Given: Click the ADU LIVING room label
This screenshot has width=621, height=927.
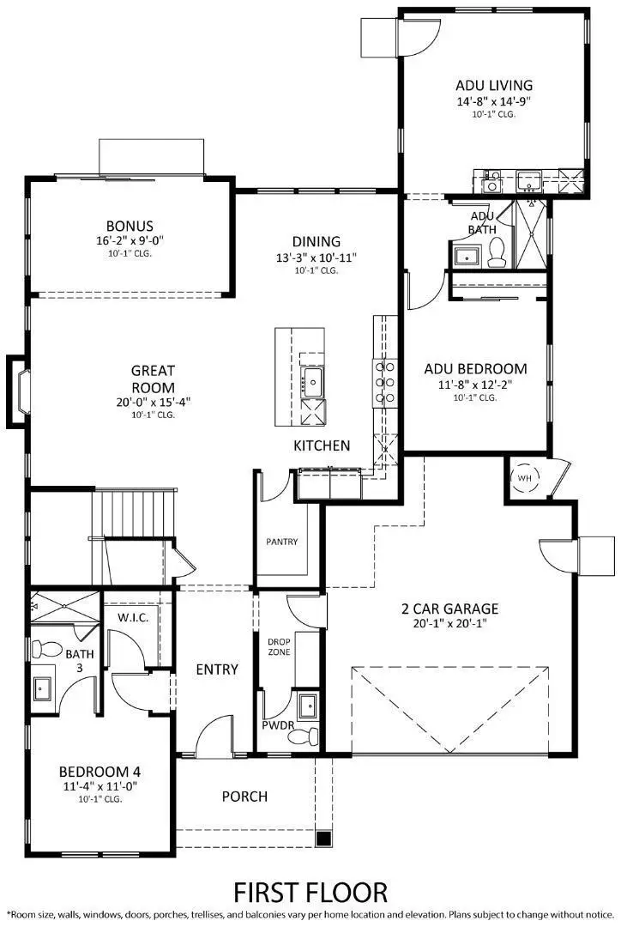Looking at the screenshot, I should pyautogui.click(x=493, y=85).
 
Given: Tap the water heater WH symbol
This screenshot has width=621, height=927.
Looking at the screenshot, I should pyautogui.click(x=522, y=479).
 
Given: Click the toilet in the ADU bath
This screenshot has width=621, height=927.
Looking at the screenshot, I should pyautogui.click(x=495, y=251).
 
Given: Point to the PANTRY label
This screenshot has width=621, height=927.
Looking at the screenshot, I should pyautogui.click(x=281, y=542).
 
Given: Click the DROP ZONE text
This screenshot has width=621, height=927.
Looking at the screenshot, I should pyautogui.click(x=279, y=646).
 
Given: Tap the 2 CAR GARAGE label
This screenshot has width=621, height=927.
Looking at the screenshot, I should pyautogui.click(x=449, y=609).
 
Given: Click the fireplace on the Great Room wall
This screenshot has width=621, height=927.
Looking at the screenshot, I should pyautogui.click(x=20, y=391).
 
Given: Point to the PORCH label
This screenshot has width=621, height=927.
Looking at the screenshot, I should pyautogui.click(x=244, y=796).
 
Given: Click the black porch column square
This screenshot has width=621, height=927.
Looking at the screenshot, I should pyautogui.click(x=323, y=838).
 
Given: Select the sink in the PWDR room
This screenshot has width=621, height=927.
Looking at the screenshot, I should pyautogui.click(x=306, y=706).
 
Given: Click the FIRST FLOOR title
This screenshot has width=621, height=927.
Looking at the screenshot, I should pyautogui.click(x=311, y=891).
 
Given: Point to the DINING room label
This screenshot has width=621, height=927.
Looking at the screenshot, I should pyautogui.click(x=317, y=241).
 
